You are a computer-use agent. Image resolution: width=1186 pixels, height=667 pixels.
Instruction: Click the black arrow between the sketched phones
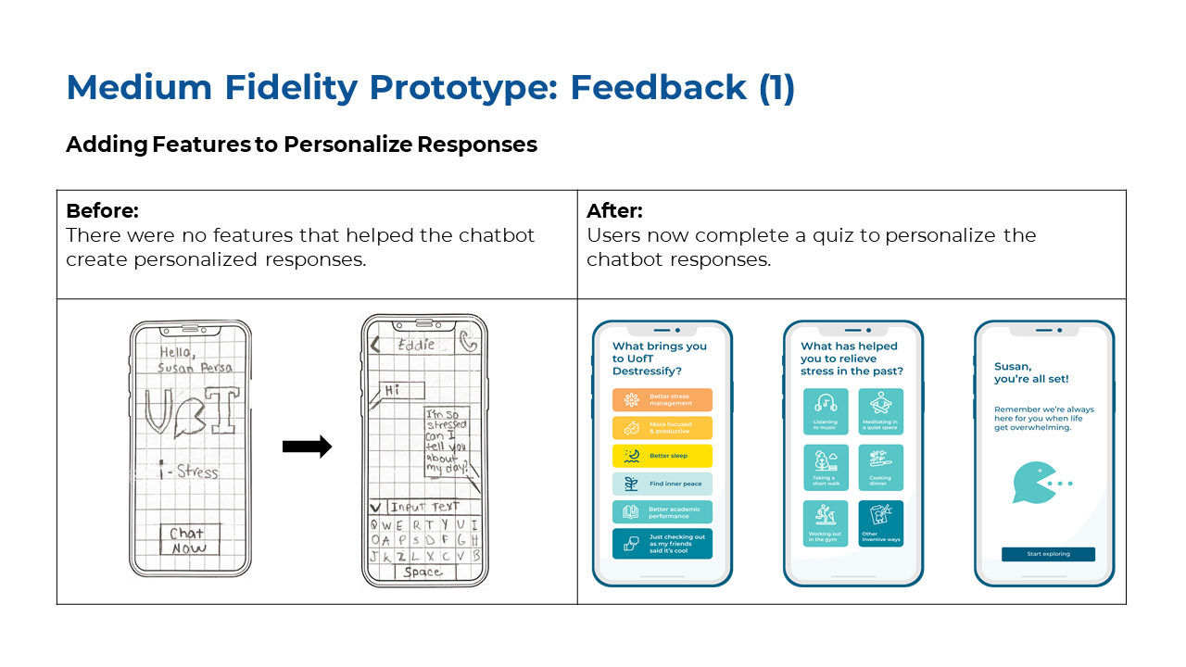pos(307,447)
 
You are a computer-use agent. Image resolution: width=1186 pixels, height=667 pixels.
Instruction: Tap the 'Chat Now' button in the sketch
pos(188,540)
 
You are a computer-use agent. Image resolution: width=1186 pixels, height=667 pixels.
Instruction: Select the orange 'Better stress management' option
pos(662,400)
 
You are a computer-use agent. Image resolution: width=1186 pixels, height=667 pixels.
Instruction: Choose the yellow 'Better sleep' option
pos(662,456)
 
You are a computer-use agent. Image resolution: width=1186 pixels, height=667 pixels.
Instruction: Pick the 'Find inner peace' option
pos(662,484)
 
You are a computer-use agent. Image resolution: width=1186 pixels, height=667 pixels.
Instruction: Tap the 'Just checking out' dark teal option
pos(662,544)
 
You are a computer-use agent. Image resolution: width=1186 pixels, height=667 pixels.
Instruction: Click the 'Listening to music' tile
pos(826,412)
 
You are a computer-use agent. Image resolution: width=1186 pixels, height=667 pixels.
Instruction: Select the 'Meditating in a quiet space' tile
pos(880,412)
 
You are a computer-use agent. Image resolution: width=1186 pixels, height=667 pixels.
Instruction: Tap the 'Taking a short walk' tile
pos(826,468)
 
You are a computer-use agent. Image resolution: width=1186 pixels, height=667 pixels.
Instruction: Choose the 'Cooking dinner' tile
pos(880,468)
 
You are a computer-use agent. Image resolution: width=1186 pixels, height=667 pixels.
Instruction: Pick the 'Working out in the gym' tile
pos(826,524)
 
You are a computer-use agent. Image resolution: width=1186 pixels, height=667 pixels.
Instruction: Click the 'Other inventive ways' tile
pos(880,524)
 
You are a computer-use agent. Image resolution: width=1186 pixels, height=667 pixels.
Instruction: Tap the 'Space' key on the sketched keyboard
pos(423,573)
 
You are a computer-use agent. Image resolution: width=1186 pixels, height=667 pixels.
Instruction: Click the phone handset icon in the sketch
pos(468,343)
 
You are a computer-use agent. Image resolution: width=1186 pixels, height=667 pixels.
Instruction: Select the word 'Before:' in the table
pos(102,211)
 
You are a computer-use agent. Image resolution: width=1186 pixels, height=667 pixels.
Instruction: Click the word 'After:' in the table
pos(614,211)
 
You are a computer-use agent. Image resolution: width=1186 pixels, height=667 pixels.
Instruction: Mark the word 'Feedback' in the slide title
pos(658,88)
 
